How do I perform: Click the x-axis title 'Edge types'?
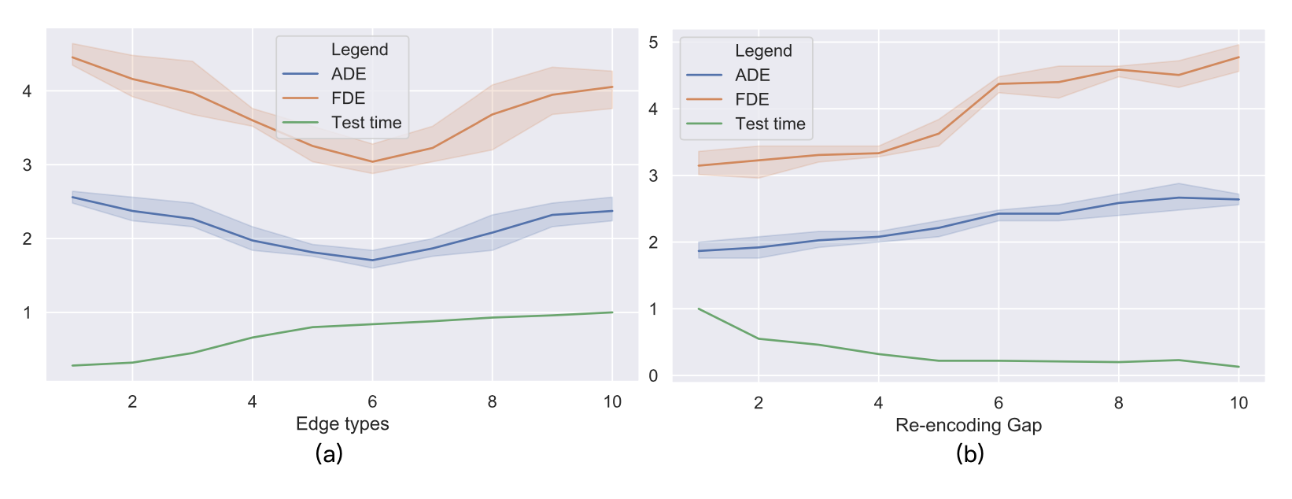(x=342, y=423)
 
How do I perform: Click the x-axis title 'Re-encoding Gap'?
(x=968, y=425)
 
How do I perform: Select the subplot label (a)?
(x=328, y=453)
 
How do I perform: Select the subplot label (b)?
(x=969, y=453)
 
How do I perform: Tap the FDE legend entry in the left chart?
(x=348, y=98)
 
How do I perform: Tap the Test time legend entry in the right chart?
(x=770, y=124)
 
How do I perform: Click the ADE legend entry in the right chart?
(x=751, y=75)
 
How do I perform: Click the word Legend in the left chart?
(x=360, y=50)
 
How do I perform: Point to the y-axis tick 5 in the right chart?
(x=653, y=43)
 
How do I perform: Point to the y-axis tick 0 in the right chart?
(x=653, y=376)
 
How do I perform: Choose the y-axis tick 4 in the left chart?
(x=28, y=91)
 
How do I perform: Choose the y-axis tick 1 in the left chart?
(x=28, y=312)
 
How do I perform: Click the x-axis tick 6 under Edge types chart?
(x=372, y=402)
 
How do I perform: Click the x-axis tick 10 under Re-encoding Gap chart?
(x=1238, y=403)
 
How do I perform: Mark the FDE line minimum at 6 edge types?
(x=372, y=162)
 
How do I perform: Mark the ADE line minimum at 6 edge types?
(x=372, y=261)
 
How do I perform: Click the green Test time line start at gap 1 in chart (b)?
(x=699, y=309)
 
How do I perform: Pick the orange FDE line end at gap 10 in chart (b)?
(x=1238, y=57)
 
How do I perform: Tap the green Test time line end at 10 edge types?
(x=612, y=312)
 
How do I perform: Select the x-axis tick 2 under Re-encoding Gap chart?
(x=759, y=403)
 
